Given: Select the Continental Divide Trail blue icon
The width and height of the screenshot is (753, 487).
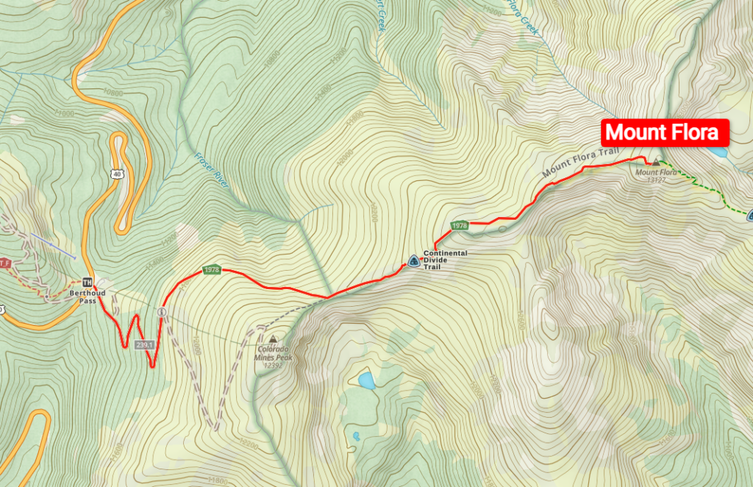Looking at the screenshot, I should (413, 260).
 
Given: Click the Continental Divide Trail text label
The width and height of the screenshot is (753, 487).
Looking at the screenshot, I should (445, 260).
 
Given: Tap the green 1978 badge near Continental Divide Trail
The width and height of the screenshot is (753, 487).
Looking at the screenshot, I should (460, 225).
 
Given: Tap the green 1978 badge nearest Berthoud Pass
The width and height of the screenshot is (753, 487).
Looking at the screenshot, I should (211, 269).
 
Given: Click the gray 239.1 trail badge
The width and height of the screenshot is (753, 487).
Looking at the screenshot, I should (144, 344).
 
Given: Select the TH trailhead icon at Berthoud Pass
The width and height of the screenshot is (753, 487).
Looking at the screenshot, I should (88, 282).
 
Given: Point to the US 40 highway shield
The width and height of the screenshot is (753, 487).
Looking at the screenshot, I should (117, 173).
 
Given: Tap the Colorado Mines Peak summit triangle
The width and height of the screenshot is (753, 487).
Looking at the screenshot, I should (274, 339).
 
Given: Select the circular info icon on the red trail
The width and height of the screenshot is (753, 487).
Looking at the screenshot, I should (161, 312).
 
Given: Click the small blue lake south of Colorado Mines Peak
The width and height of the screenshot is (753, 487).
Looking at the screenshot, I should (366, 380).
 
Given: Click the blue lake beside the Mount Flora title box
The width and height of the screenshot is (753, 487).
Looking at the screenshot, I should (719, 152).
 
